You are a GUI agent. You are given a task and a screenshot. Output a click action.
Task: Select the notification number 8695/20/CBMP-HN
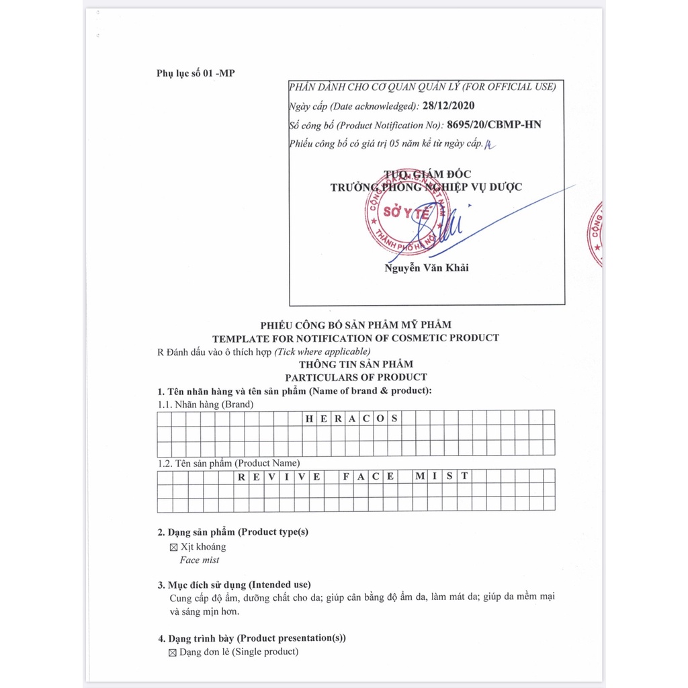click(x=498, y=124)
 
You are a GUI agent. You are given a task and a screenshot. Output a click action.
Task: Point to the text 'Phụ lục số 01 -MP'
click(x=196, y=73)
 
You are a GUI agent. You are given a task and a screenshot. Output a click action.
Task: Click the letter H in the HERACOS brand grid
click(x=310, y=418)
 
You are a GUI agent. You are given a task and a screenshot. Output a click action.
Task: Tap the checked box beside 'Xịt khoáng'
click(x=174, y=548)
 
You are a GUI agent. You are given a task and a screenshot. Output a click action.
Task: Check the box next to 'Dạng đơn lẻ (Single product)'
click(x=173, y=652)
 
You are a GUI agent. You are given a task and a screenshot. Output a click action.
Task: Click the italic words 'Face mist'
click(x=199, y=560)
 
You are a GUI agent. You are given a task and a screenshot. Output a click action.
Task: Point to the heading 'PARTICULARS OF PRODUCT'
click(x=355, y=377)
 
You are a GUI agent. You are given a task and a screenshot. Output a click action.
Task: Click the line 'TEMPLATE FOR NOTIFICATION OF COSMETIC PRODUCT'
click(x=355, y=338)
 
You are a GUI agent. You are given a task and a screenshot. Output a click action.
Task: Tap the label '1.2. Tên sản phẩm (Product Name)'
click(x=228, y=463)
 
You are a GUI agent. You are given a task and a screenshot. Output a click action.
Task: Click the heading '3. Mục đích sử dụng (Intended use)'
click(x=234, y=585)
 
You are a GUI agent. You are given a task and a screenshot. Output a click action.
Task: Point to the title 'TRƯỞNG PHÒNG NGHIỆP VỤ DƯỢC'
click(x=426, y=187)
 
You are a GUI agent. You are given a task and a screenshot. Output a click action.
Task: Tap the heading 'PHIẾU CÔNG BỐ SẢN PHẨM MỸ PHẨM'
click(x=355, y=325)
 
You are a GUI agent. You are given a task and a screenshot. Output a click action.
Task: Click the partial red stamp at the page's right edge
click(x=595, y=234)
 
